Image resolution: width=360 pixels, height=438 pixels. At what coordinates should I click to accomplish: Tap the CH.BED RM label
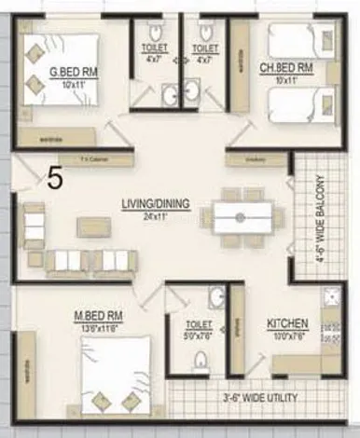pyautogui.click(x=291, y=69)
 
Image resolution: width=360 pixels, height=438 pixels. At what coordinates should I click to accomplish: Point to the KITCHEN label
pyautogui.click(x=287, y=323)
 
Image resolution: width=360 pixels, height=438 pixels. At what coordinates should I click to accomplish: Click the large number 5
pyautogui.click(x=55, y=178)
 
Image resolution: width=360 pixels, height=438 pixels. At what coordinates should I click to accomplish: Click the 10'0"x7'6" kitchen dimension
pyautogui.click(x=287, y=335)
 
